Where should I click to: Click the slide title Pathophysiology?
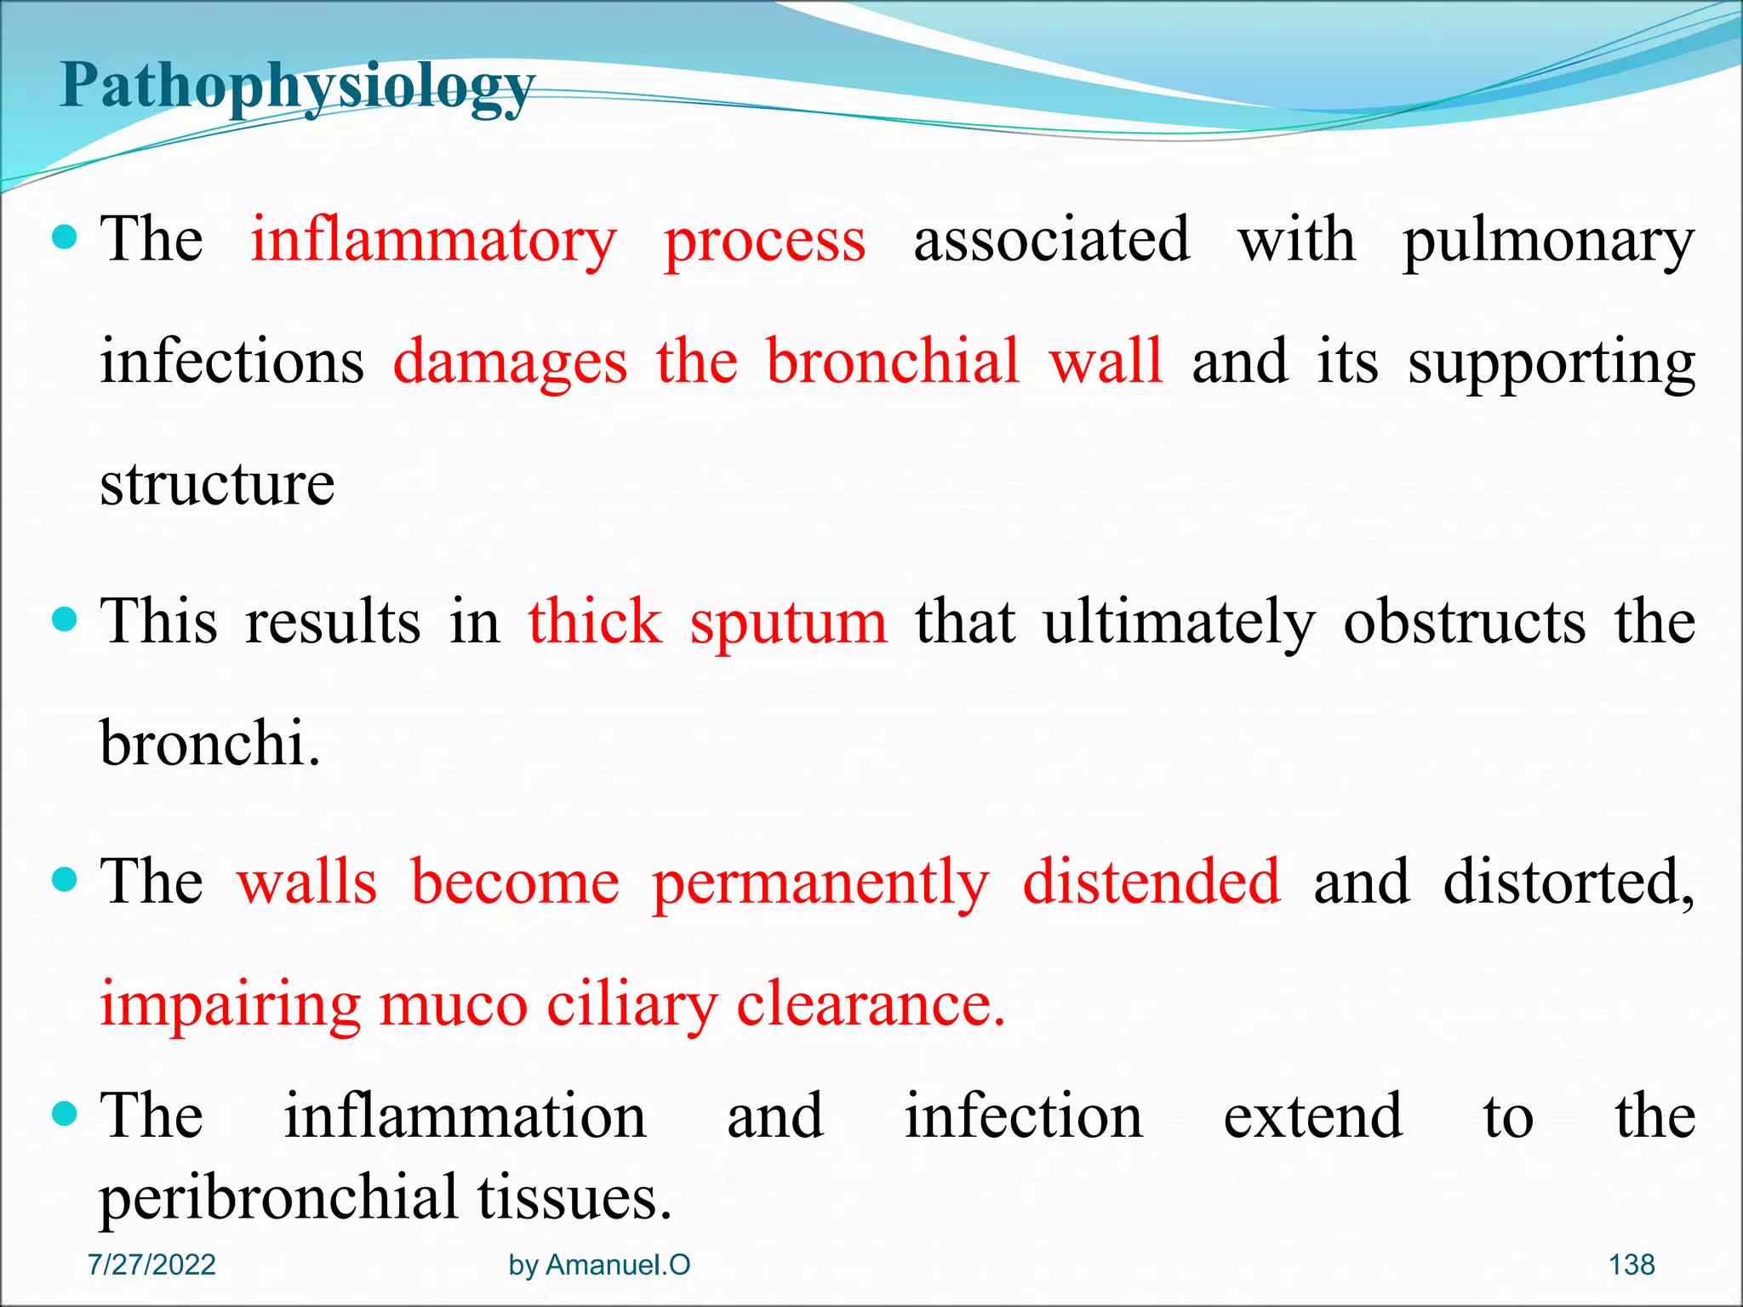297,88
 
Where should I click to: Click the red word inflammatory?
433,241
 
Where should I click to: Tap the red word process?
764,241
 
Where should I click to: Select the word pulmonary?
1548,241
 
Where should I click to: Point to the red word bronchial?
892,362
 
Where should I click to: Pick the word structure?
217,484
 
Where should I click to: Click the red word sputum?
788,622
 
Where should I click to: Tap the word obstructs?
1464,622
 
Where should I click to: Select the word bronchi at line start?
209,744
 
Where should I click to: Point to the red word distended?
1151,882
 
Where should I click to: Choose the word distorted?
1568,882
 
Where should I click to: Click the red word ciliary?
632,1005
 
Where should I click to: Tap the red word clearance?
870,1005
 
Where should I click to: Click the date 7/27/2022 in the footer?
151,1264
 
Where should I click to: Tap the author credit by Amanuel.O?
599,1264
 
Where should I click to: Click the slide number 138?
1632,1264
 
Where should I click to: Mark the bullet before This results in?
65,619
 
